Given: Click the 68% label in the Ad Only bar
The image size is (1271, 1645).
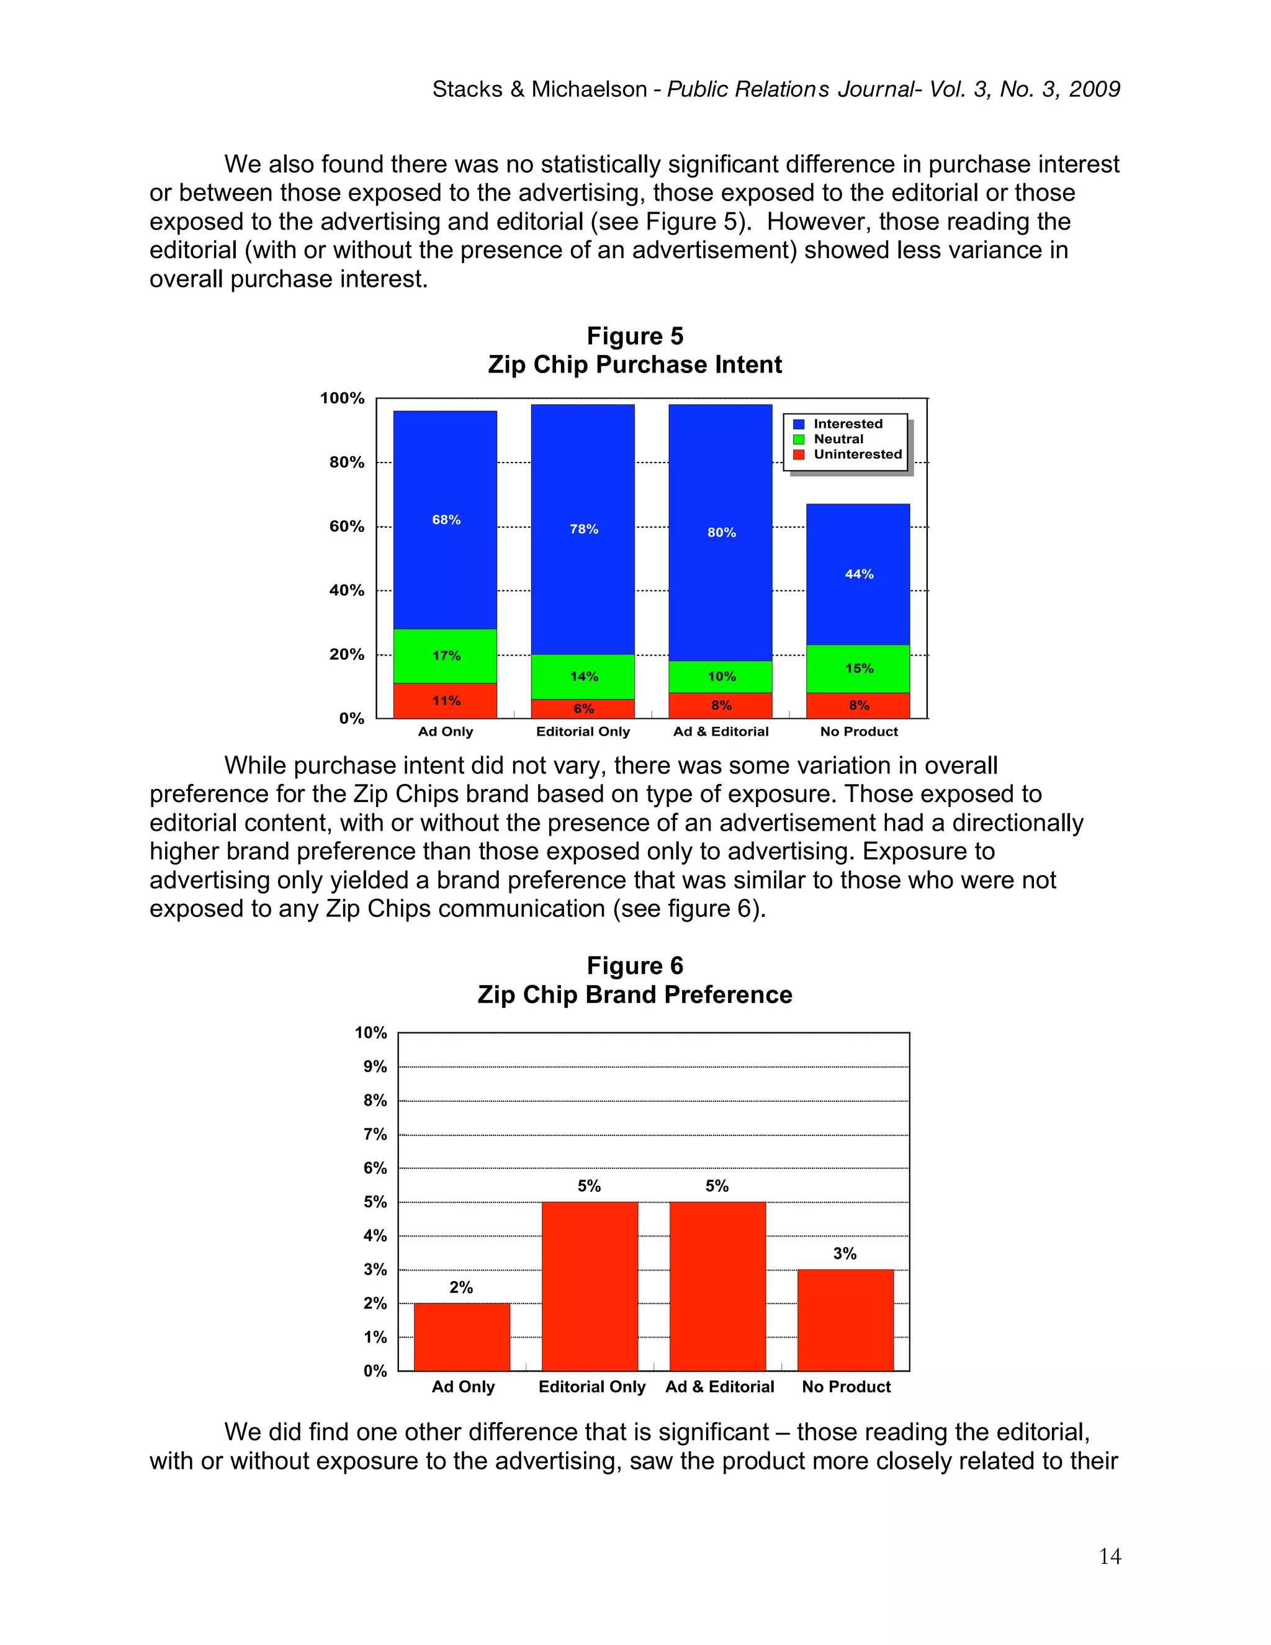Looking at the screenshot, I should click(x=446, y=520).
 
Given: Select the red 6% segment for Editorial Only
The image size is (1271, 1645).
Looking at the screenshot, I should click(x=583, y=709).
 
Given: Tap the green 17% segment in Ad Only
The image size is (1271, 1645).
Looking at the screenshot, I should click(x=445, y=656).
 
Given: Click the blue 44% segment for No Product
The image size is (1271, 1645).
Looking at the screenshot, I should click(x=858, y=574).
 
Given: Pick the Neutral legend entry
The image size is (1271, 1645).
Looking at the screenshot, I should click(x=838, y=439).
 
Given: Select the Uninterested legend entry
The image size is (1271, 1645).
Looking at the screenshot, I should click(x=857, y=454).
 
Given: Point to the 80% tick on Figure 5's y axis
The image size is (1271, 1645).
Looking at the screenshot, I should click(x=346, y=462).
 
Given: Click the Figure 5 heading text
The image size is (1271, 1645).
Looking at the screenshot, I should click(x=635, y=336).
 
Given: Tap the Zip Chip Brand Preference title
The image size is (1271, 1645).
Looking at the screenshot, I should click(x=635, y=994).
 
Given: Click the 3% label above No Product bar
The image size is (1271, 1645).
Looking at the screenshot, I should click(x=844, y=1253).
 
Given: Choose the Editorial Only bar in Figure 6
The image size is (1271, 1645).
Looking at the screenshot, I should click(x=590, y=1286).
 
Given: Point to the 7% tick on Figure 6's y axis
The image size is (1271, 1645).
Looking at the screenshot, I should click(x=375, y=1134).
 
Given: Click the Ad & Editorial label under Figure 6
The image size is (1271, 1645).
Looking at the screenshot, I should click(x=719, y=1387).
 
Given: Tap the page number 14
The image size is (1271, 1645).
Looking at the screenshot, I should click(x=1109, y=1556).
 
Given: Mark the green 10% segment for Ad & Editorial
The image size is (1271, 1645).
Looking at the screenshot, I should click(x=721, y=677).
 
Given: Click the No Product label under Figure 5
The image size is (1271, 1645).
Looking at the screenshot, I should click(x=858, y=731).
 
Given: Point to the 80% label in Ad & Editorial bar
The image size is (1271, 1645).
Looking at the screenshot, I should click(x=721, y=533).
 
